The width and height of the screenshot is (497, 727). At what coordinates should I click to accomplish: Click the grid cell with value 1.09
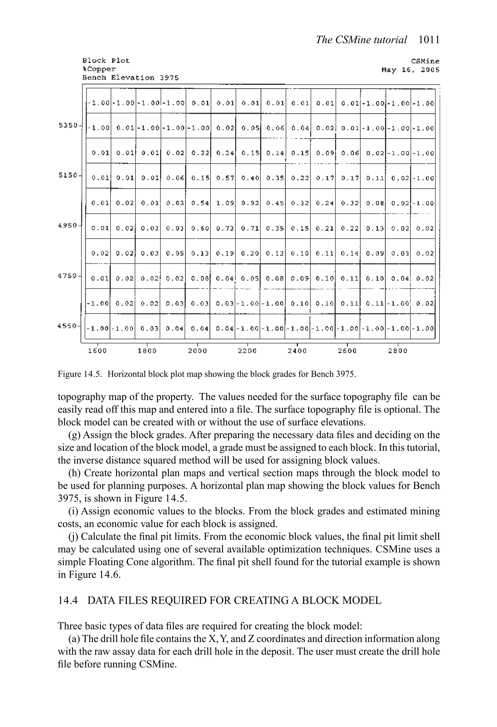(225, 203)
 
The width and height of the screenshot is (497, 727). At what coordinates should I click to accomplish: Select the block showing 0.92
(250, 203)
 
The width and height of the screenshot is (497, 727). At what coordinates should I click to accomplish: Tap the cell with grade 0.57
(225, 178)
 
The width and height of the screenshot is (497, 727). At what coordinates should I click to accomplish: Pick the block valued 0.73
(225, 228)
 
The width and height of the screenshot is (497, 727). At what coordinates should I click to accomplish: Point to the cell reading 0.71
(250, 228)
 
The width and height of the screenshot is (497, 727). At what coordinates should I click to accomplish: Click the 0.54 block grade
(200, 203)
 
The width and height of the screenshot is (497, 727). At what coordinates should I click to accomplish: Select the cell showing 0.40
(250, 178)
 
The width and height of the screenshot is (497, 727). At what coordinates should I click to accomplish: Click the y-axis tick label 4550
(67, 326)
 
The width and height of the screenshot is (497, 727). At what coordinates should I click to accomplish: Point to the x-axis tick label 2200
(247, 351)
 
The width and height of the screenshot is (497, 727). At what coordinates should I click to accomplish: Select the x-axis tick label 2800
(398, 351)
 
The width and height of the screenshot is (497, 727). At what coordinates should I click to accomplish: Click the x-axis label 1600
(97, 351)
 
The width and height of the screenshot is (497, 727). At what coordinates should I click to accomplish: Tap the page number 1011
(429, 40)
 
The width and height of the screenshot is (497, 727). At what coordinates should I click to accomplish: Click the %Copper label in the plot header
(99, 69)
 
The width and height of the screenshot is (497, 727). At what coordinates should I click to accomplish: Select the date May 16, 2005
(410, 70)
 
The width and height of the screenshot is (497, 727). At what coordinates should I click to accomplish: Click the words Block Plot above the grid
(106, 60)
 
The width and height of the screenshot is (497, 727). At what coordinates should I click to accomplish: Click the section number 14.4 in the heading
(67, 600)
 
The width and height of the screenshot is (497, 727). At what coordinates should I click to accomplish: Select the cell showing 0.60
(200, 228)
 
